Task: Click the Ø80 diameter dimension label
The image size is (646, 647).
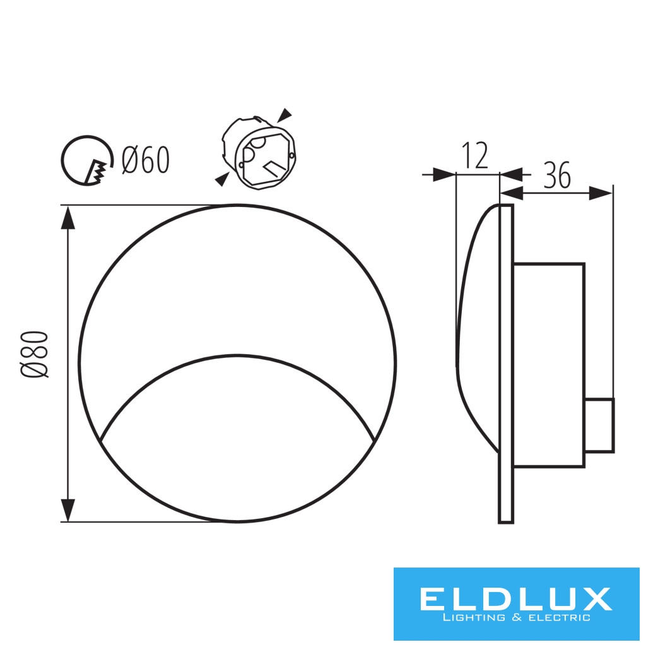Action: coord(35,354)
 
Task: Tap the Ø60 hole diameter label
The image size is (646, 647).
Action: coord(146,160)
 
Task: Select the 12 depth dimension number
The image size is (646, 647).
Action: coord(475,155)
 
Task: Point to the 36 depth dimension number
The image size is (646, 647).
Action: coord(557,175)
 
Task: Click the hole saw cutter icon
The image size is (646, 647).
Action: coord(87,160)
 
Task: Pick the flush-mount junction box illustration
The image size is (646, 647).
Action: coord(259,153)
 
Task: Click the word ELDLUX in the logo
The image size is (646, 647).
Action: coord(515,599)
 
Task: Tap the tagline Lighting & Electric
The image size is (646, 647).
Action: coord(517,618)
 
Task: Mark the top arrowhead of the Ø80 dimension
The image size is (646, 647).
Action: coord(68,217)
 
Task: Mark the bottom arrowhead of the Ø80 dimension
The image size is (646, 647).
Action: coord(68,510)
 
